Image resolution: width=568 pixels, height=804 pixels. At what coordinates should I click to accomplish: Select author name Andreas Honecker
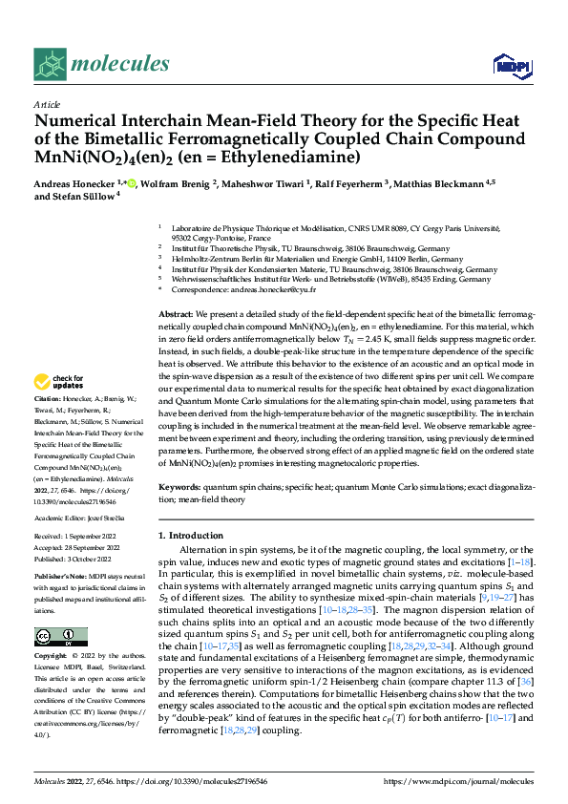click(73, 184)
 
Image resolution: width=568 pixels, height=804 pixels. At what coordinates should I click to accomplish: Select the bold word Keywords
click(179, 487)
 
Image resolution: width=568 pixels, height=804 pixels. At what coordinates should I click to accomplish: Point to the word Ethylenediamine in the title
click(290, 157)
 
